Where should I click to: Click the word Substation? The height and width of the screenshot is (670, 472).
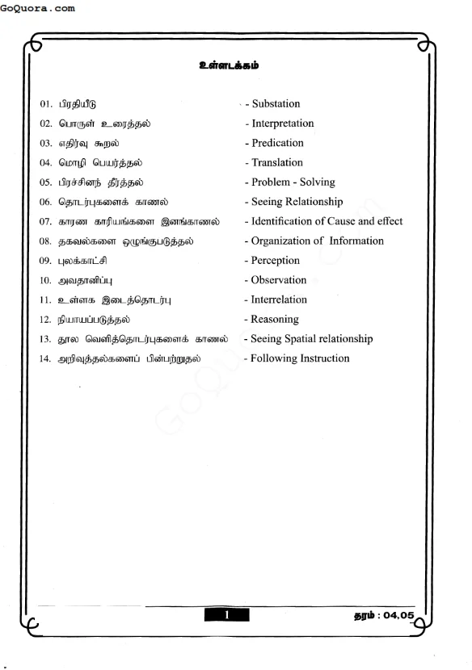276,104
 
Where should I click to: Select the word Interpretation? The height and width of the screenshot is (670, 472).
283,124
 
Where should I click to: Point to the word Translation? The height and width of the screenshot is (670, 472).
277,163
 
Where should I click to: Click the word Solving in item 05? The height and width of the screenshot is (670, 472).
317,182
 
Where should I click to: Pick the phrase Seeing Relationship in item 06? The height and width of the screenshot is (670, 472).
297,202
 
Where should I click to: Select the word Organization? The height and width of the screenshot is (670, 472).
282,241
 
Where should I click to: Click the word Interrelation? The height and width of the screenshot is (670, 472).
279,299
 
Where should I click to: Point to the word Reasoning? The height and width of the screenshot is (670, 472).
275,320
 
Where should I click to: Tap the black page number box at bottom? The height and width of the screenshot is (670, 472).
227,615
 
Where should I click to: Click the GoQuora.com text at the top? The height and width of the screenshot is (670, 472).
39,8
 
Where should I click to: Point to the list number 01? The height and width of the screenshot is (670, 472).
45,105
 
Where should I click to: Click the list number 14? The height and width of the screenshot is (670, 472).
45,358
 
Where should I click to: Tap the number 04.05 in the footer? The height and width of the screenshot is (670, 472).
398,616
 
